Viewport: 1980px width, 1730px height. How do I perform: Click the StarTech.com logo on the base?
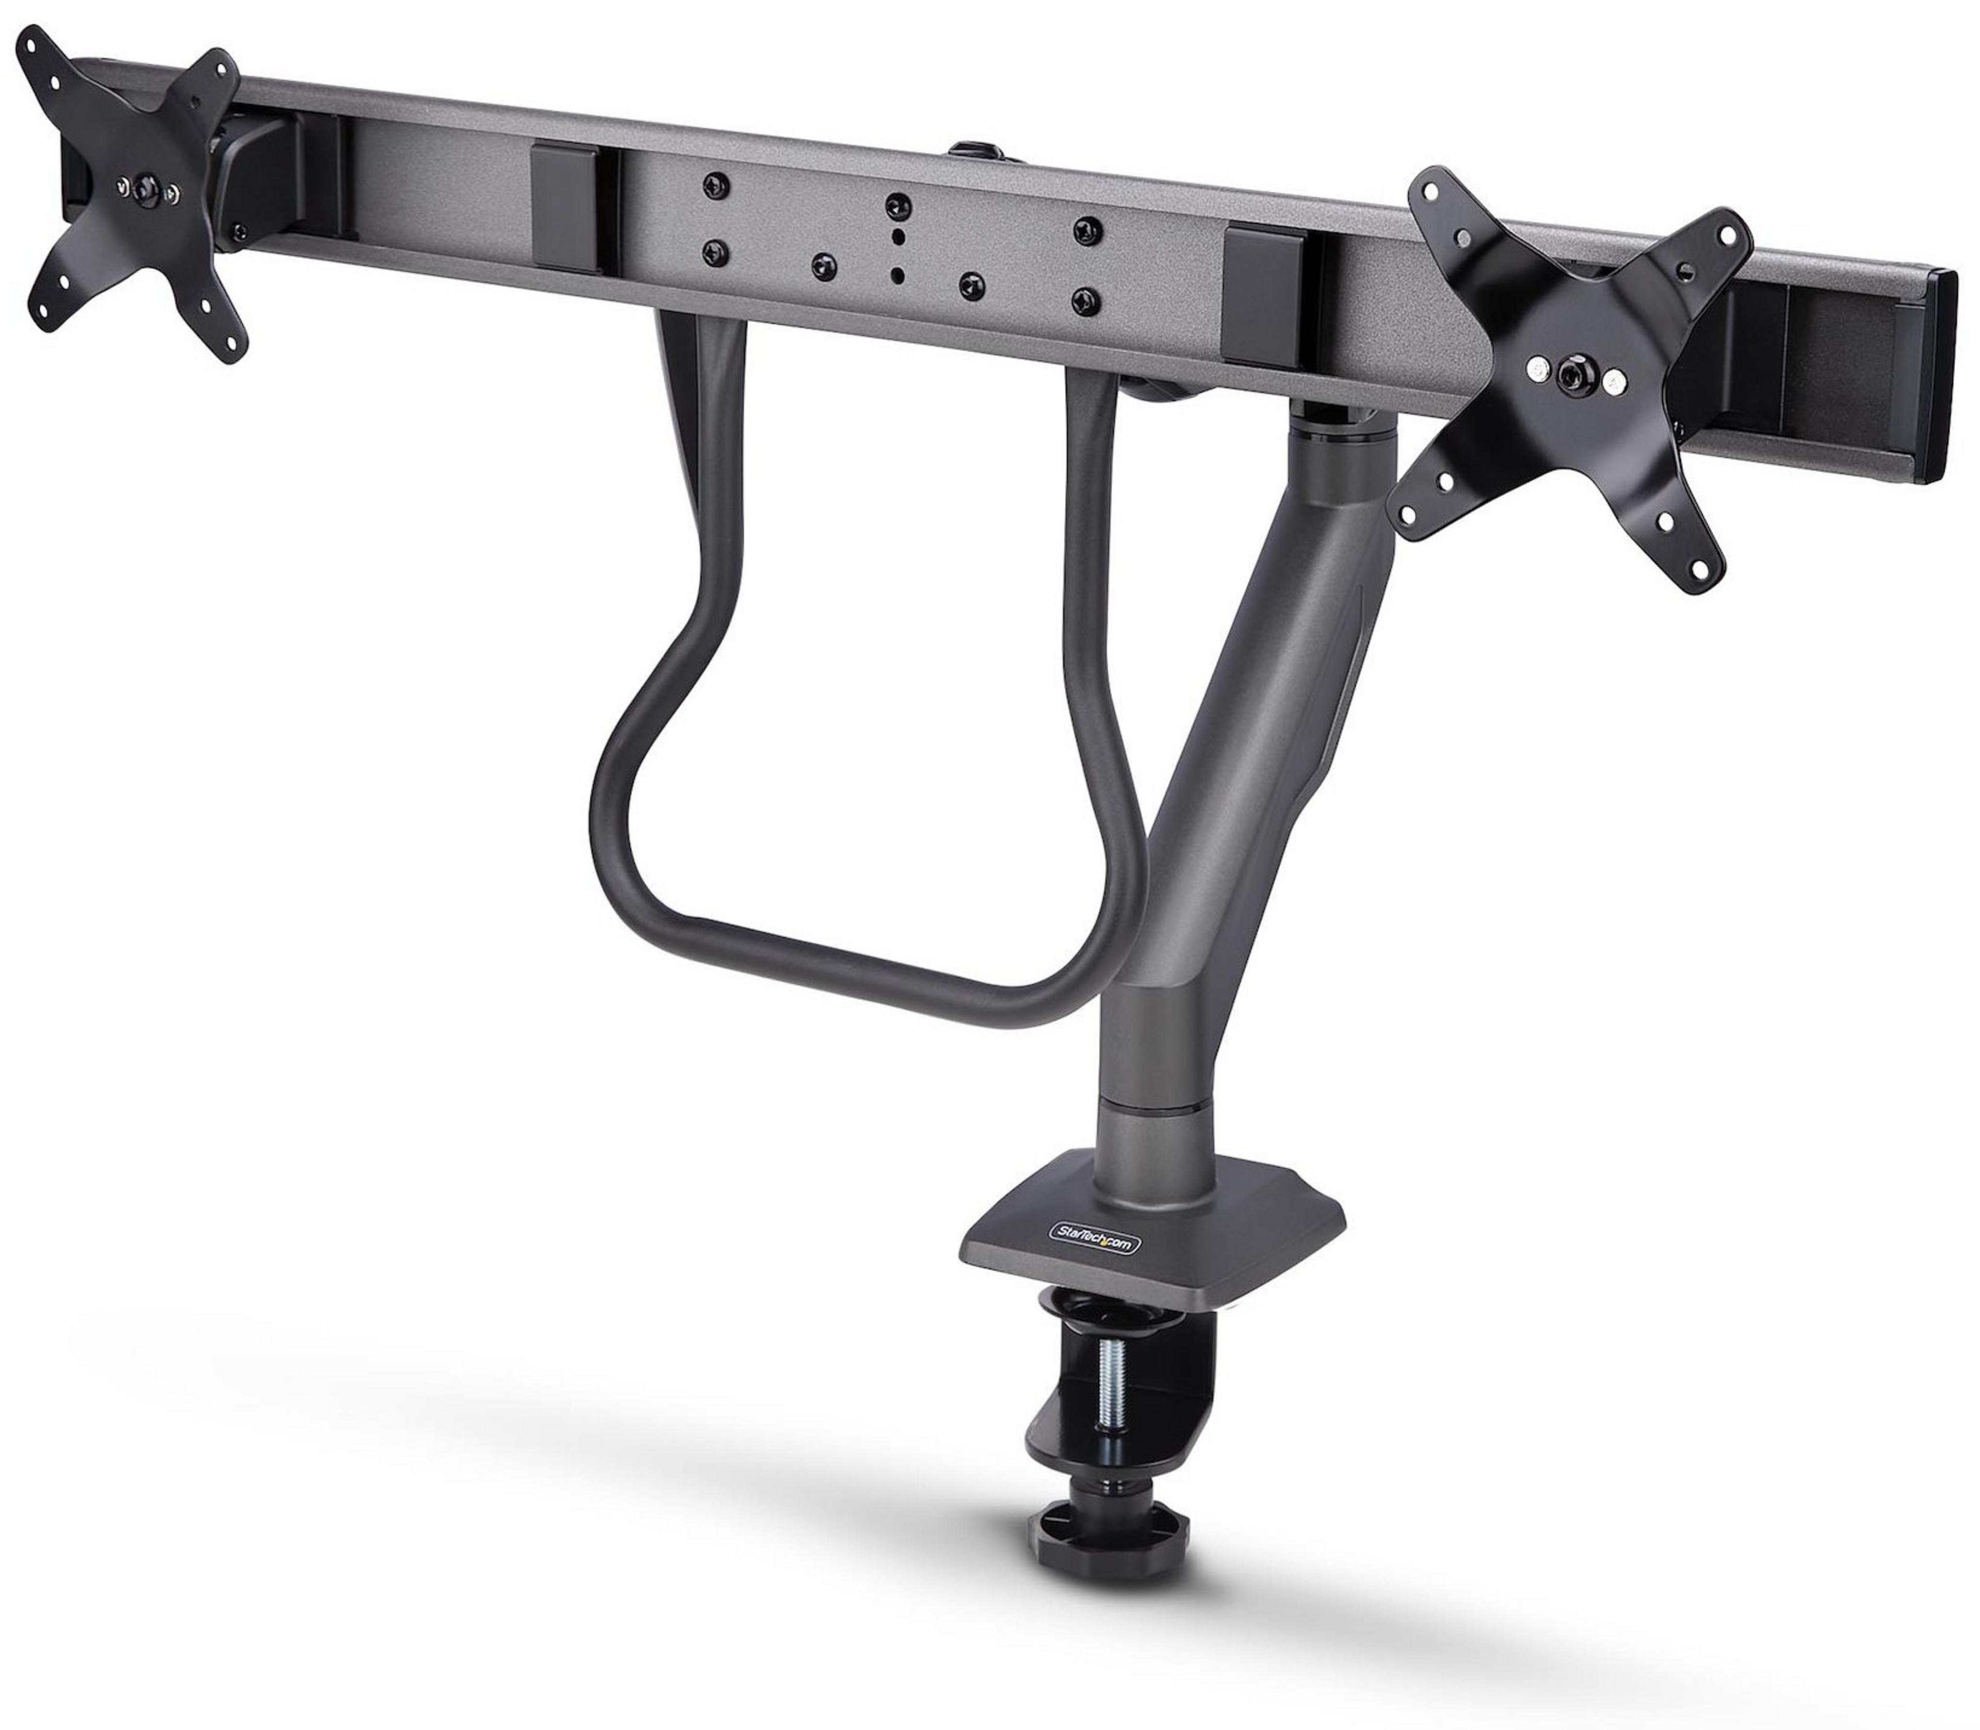click(x=1094, y=1246)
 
